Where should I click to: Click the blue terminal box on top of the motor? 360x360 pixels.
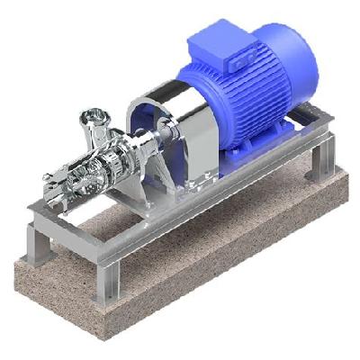[240, 59]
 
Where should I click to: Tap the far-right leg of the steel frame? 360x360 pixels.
[319, 162]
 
